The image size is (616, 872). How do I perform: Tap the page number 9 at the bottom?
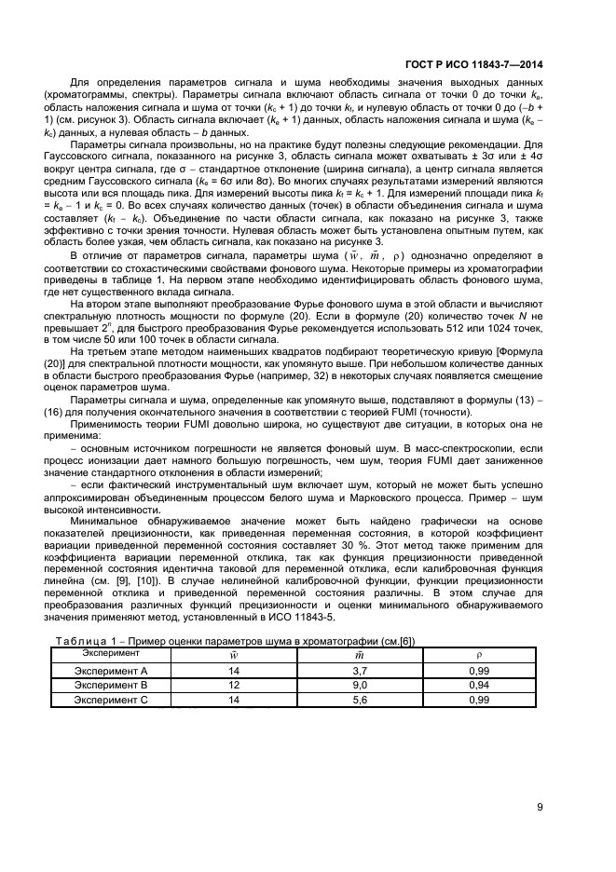(540, 807)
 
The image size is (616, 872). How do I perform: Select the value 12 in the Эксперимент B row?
(234, 685)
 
